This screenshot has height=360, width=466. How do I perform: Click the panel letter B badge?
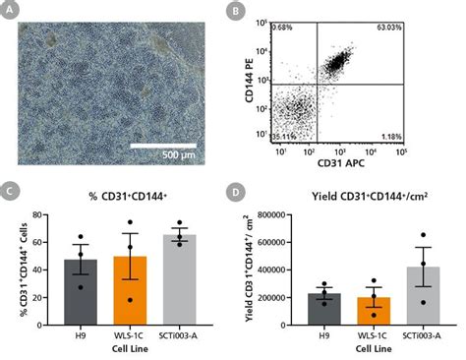point(237,15)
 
